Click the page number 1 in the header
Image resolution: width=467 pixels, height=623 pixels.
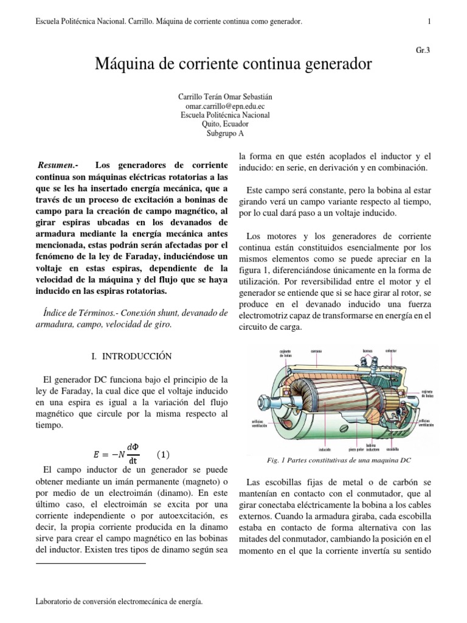[429, 22]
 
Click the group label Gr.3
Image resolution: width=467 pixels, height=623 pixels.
[423, 50]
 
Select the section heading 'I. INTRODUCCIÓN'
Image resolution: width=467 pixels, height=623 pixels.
[131, 356]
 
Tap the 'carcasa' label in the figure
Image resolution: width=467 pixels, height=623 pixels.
[318, 352]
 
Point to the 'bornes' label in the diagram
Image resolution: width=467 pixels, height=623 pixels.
[368, 352]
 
